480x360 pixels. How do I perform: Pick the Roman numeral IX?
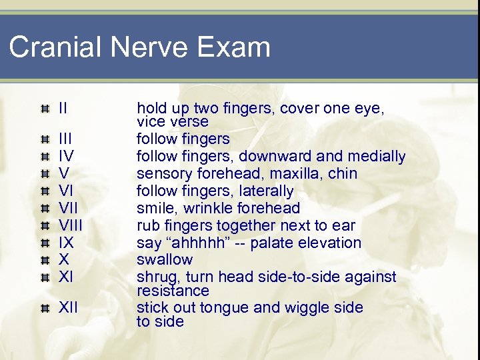click(x=65, y=243)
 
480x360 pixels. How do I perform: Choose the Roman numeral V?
click(x=65, y=173)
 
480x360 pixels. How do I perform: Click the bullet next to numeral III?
click(x=45, y=139)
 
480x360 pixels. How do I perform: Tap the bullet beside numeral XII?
click(x=45, y=308)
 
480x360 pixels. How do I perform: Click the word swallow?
click(x=165, y=260)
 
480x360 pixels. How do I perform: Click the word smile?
click(x=154, y=208)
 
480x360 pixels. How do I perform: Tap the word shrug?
click(x=155, y=277)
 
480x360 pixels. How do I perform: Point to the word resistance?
click(x=173, y=291)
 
